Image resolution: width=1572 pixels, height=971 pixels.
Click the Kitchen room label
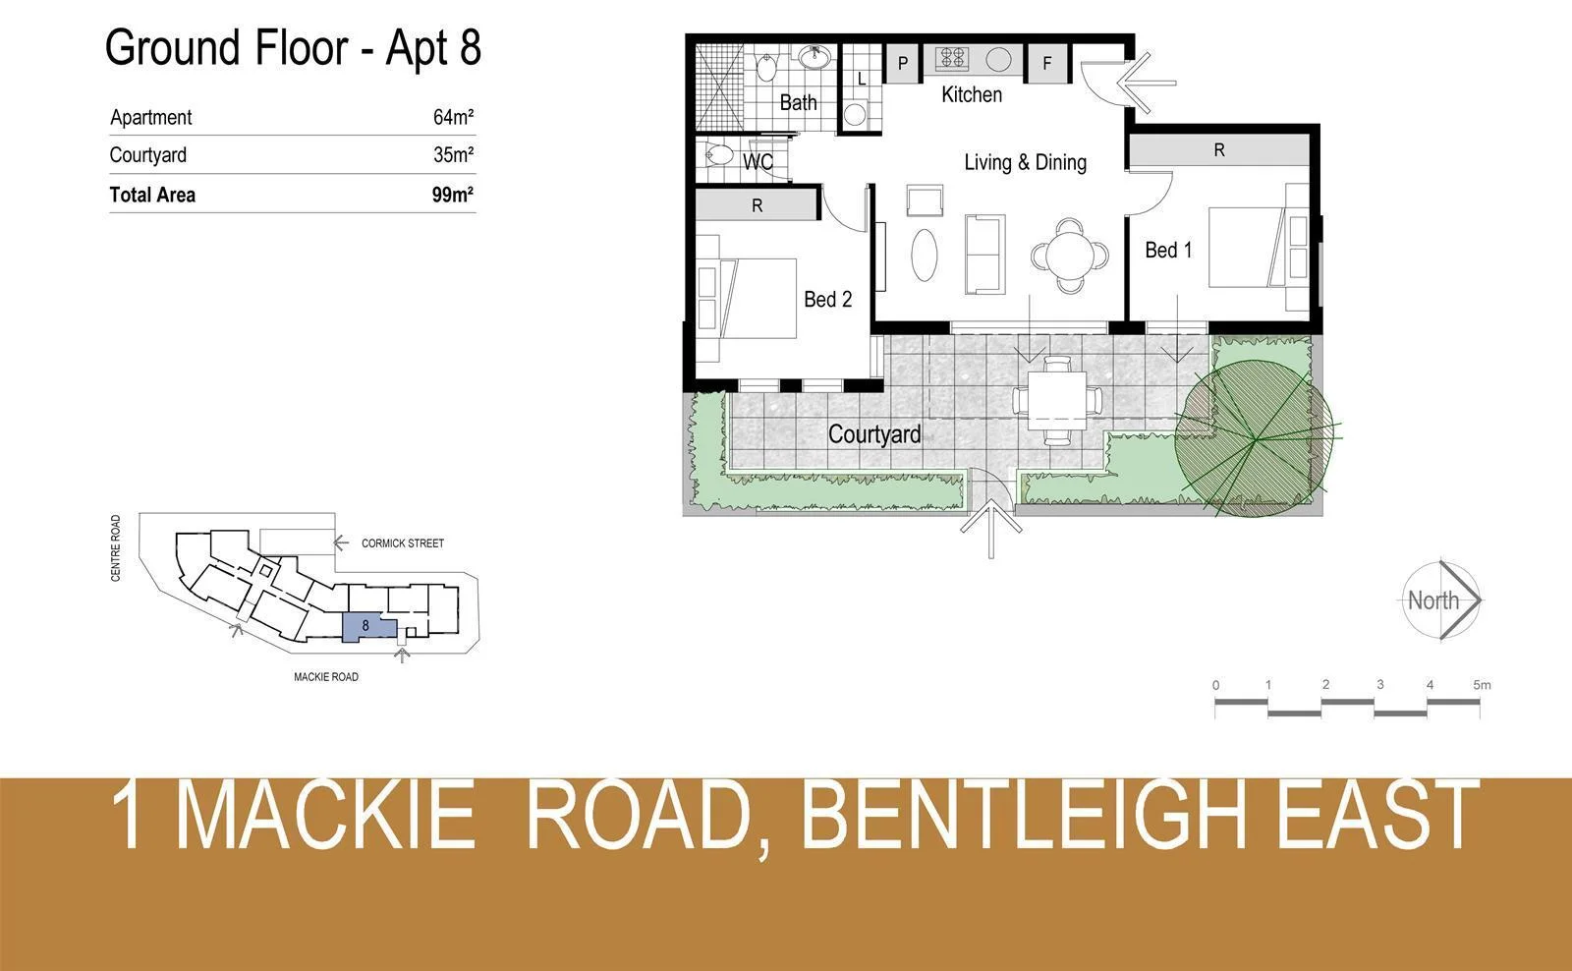click(x=971, y=94)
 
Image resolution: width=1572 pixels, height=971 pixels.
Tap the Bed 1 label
click(x=1167, y=250)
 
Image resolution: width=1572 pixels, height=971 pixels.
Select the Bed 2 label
click(x=827, y=299)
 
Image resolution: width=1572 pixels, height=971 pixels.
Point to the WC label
click(x=758, y=161)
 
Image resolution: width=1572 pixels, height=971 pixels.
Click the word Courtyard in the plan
click(x=874, y=433)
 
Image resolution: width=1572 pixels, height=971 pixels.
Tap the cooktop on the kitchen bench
click(x=951, y=59)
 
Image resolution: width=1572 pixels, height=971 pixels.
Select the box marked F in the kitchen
click(x=1047, y=63)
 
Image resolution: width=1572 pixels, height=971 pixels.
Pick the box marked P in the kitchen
click(x=903, y=63)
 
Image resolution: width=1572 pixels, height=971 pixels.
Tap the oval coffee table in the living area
click(x=925, y=255)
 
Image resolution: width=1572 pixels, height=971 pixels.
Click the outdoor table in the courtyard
click(x=1057, y=399)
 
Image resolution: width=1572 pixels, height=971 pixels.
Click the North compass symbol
click(x=1440, y=600)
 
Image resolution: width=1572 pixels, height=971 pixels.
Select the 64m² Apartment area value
click(x=453, y=117)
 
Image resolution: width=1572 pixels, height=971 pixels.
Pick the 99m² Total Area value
click(x=452, y=194)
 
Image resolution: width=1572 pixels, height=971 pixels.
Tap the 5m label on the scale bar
click(x=1482, y=684)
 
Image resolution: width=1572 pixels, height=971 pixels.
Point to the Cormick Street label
click(x=402, y=543)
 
